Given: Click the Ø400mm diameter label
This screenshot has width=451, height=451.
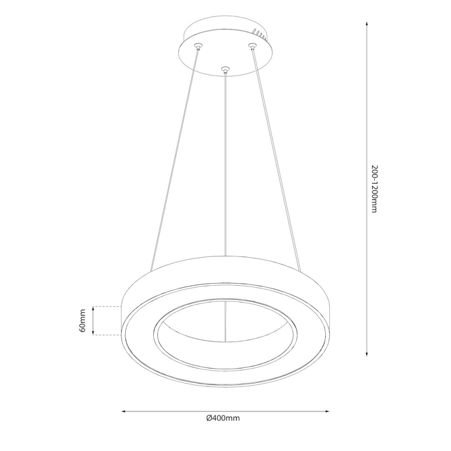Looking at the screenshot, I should (222, 418).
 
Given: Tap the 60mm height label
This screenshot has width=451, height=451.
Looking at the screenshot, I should (83, 321).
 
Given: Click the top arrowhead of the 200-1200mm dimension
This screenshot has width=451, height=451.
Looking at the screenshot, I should (367, 24).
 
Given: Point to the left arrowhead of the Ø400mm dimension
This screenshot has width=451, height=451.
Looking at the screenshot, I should (124, 410).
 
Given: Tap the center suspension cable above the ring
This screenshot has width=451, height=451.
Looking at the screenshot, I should (225, 166).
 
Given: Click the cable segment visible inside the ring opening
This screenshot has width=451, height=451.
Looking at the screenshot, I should (225, 322).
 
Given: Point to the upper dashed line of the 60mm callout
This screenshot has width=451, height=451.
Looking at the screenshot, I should (106, 307).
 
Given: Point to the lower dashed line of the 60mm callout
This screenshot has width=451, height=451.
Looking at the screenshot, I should (106, 335).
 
